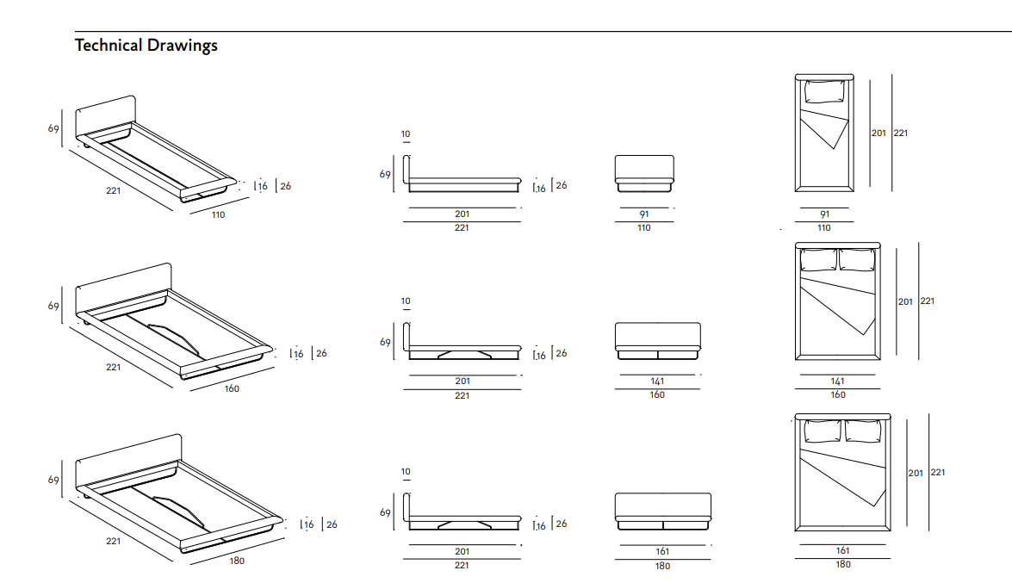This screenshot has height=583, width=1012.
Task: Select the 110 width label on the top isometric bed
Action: [x=218, y=214]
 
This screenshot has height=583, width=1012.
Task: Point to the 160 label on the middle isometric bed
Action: [x=232, y=388]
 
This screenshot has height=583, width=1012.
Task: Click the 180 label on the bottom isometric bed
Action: [x=237, y=561]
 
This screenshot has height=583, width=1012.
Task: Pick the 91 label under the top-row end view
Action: [x=644, y=214]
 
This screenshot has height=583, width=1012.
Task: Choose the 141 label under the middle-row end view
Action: [x=657, y=381]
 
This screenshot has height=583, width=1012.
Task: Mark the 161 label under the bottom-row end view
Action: [x=662, y=551]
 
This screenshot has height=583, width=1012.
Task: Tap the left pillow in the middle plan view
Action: [x=819, y=260]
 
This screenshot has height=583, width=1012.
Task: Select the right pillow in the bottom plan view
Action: [x=865, y=431]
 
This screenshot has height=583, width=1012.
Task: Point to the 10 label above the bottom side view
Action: [x=406, y=472]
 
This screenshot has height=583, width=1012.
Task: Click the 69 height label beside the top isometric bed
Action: [x=53, y=128]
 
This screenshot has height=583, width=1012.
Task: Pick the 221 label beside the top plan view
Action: [x=900, y=133]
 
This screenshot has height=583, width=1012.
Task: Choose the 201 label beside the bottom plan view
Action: [x=915, y=473]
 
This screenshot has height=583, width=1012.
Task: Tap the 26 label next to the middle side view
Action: [x=561, y=353]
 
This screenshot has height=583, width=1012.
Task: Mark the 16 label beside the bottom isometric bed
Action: [x=308, y=524]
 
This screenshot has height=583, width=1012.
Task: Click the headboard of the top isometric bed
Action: [x=106, y=115]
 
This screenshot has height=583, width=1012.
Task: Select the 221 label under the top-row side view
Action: [x=462, y=227]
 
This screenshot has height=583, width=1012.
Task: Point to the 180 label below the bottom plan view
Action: [x=842, y=564]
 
